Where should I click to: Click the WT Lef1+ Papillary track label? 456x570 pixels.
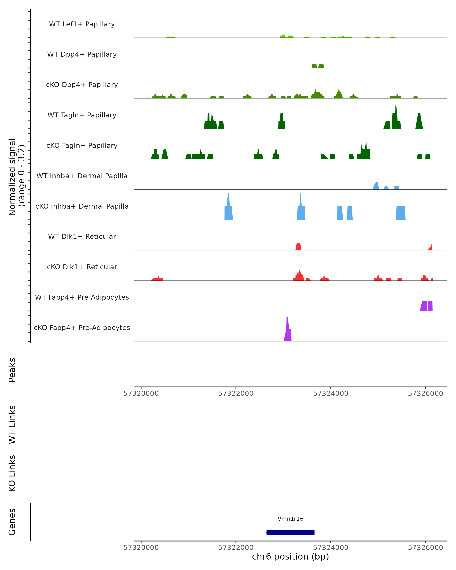coord(82,24)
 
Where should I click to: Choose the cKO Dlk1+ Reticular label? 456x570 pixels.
coord(82,267)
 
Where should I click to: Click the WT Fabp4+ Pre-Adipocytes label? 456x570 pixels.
coord(82,297)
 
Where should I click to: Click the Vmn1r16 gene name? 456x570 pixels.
coord(290,519)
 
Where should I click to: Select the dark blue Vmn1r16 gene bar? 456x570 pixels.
coord(290,532)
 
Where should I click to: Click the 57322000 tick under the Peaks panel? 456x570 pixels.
coord(236,393)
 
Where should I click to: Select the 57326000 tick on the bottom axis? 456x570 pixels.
coord(425,548)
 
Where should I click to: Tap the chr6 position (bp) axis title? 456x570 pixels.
coord(290,557)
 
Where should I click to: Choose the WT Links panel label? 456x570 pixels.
coord(12,424)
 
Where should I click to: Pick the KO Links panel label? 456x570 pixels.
coord(12,473)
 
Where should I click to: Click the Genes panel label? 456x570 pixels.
coord(12,522)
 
